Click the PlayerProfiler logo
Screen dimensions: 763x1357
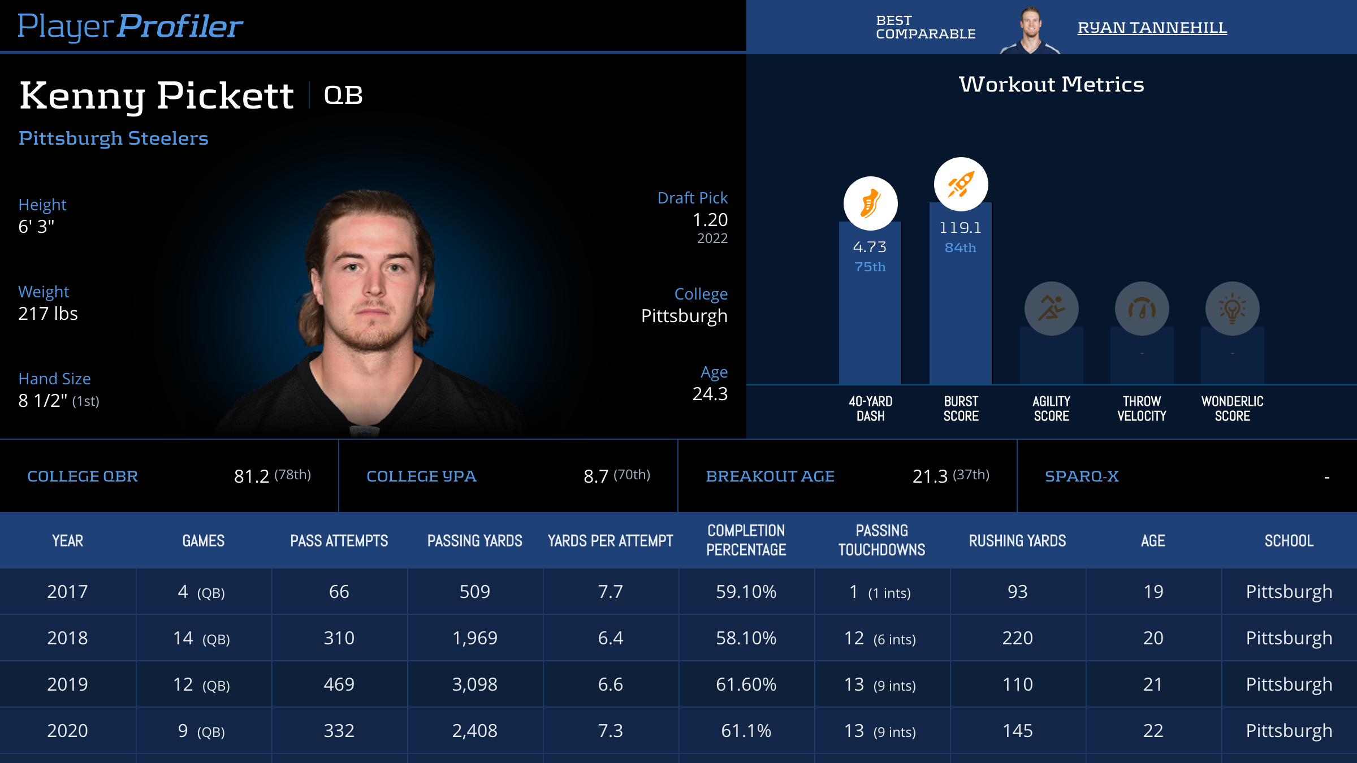point(130,27)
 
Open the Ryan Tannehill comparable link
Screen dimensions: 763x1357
point(1152,27)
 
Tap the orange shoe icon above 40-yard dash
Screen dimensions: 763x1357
point(870,203)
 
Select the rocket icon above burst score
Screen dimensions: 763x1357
point(961,184)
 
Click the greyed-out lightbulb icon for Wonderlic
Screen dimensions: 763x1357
point(1232,309)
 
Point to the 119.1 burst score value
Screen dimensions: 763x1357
point(960,228)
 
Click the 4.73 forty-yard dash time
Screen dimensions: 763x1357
point(870,247)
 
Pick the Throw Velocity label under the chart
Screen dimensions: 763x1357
point(1142,409)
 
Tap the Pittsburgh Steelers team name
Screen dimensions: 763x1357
point(114,138)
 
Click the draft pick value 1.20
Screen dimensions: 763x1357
point(710,219)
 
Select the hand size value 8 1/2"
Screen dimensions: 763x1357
point(43,400)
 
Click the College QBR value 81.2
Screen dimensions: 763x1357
point(252,476)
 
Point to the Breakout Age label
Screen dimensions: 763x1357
point(770,476)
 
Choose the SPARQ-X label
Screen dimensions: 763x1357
point(1082,476)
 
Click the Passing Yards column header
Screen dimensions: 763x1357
point(474,541)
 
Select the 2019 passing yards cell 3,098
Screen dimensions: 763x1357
point(474,684)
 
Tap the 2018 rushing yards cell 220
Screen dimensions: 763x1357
point(1017,638)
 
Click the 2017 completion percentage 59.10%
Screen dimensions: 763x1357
point(746,592)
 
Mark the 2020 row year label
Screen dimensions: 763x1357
point(67,731)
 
